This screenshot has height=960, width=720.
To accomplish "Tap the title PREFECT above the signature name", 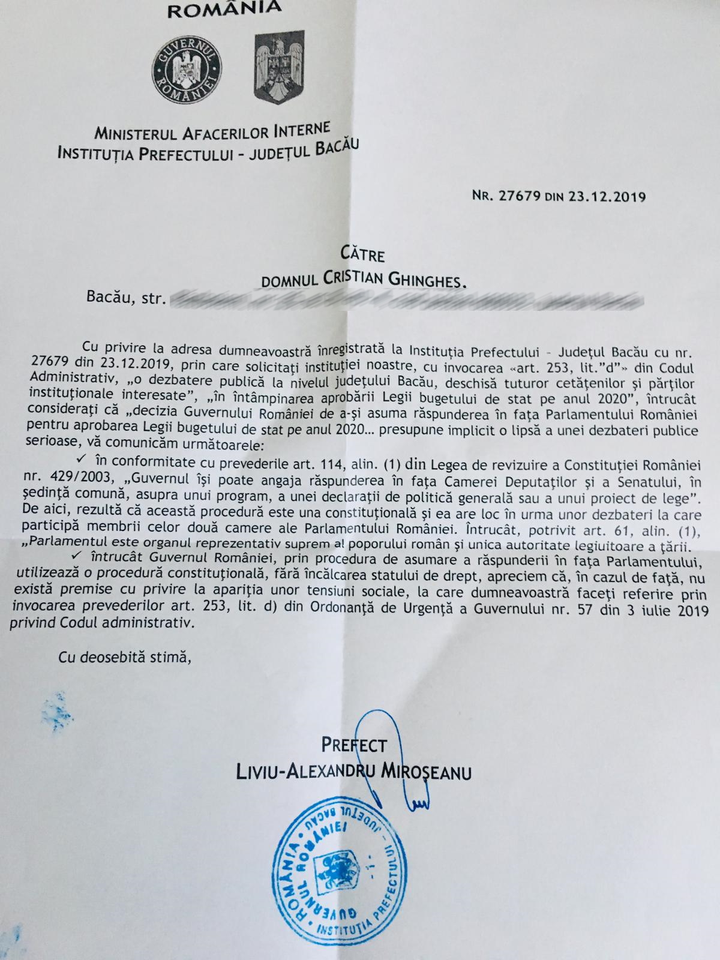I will (354, 746).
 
